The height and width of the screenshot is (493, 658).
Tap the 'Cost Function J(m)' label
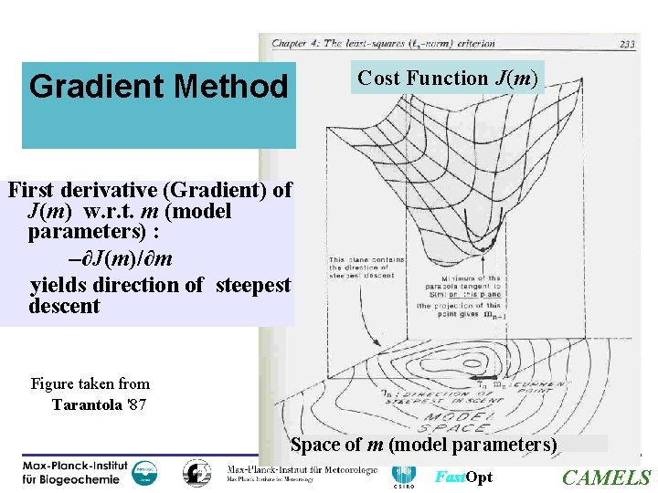[x=447, y=79]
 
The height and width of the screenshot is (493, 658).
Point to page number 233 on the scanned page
[x=628, y=43]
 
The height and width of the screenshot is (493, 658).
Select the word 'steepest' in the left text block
[x=253, y=285]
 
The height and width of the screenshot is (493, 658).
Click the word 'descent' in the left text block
[x=64, y=306]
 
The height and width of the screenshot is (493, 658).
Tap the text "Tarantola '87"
[x=100, y=404]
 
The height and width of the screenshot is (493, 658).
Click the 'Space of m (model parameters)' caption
[x=423, y=445]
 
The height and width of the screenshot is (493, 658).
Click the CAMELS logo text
[x=606, y=477]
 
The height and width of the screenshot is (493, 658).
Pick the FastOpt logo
[x=463, y=477]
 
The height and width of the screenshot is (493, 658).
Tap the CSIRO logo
[x=403, y=475]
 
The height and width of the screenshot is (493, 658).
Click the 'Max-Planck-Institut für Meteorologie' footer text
[x=302, y=471]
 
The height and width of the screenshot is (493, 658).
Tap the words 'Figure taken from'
[x=90, y=383]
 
